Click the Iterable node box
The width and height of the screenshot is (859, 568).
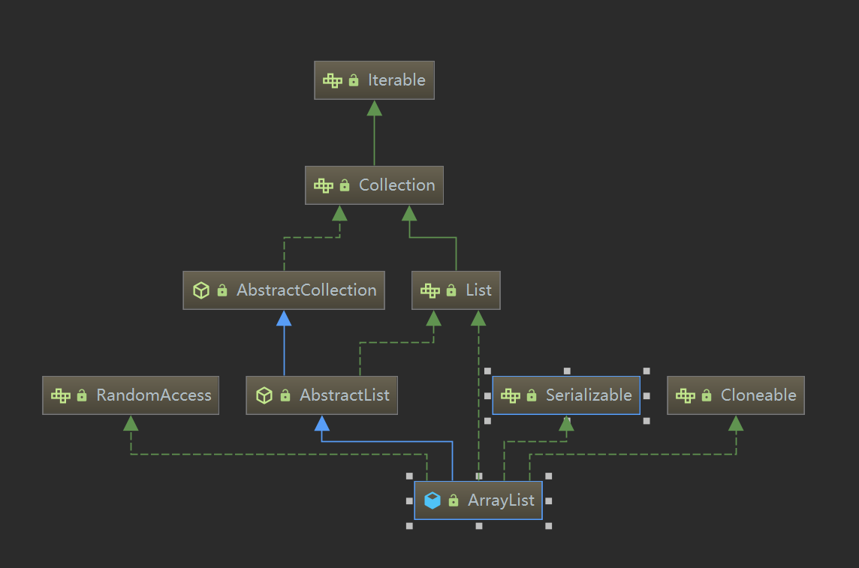pyautogui.click(x=374, y=80)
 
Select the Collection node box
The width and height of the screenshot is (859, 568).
pyautogui.click(x=374, y=185)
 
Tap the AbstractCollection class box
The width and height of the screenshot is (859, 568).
pyautogui.click(x=284, y=290)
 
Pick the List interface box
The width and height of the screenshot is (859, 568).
pyautogui.click(x=456, y=290)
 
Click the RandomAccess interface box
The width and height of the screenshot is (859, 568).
pyautogui.click(x=131, y=395)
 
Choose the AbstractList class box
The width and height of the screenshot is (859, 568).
pyautogui.click(x=322, y=395)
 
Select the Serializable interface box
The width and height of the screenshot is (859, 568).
pyautogui.click(x=566, y=395)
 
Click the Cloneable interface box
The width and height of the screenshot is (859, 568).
pyautogui.click(x=736, y=395)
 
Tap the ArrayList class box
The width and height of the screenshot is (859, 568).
pyautogui.click(x=478, y=500)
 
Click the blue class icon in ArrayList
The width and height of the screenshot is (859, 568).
pyautogui.click(x=433, y=500)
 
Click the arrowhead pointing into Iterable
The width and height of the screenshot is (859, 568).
pyautogui.click(x=374, y=108)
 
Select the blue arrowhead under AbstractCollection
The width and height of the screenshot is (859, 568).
pyautogui.click(x=284, y=318)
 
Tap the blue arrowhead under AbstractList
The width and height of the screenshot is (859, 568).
pyautogui.click(x=322, y=423)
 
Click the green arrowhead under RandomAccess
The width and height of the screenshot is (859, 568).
pyautogui.click(x=131, y=423)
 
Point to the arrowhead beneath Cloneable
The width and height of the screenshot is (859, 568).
pyautogui.click(x=736, y=423)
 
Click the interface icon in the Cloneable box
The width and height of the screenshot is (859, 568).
pyautogui.click(x=686, y=395)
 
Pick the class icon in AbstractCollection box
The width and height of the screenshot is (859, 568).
pyautogui.click(x=201, y=290)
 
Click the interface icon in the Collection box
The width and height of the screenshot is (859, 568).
pyautogui.click(x=324, y=185)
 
